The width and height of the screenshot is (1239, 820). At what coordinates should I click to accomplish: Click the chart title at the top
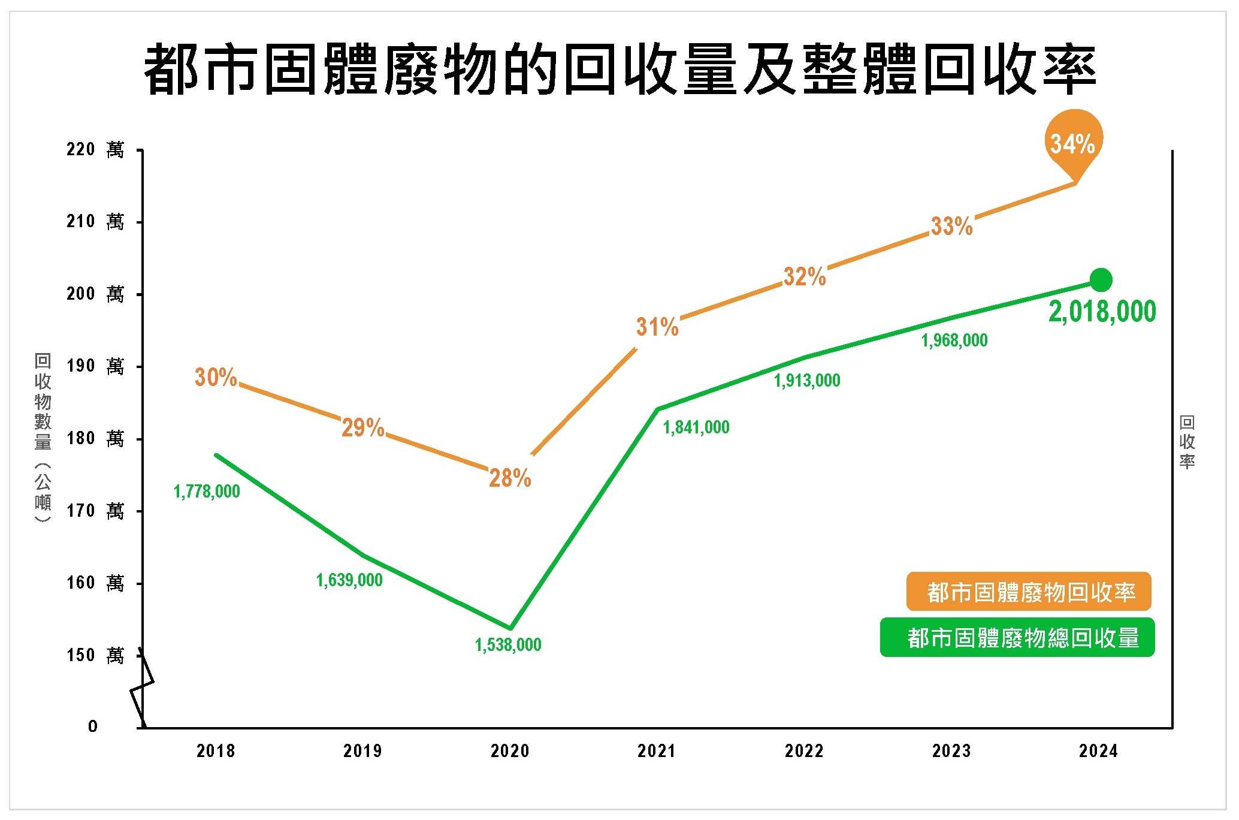(619, 69)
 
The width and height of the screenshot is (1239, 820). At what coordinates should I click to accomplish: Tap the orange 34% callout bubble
(1072, 143)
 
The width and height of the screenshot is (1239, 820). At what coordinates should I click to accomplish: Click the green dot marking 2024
(1101, 279)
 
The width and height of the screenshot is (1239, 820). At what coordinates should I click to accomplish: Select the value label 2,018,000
(1102, 312)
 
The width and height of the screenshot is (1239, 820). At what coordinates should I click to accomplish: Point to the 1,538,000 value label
(508, 645)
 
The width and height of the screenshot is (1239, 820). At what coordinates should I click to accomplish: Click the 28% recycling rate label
(510, 478)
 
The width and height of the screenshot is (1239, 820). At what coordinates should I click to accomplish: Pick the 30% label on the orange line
(216, 377)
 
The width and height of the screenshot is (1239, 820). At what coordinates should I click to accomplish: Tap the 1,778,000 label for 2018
(207, 492)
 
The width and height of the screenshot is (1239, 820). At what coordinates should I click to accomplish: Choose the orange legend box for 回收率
(1028, 592)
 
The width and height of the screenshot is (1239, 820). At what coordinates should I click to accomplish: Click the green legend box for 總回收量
(1017, 637)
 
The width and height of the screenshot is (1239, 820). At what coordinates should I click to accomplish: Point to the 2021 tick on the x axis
(657, 750)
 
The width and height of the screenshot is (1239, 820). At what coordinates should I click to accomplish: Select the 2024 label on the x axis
(1098, 750)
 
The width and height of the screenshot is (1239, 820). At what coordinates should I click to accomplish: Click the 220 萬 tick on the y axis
(95, 149)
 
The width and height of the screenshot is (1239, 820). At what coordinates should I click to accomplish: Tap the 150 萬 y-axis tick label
(95, 655)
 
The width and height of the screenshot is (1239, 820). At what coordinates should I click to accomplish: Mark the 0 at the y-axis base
(93, 726)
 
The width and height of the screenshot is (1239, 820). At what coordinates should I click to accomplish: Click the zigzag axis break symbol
(142, 686)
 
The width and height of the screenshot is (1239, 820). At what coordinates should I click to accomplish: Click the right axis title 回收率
(1187, 442)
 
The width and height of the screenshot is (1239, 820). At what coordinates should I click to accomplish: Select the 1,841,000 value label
(696, 427)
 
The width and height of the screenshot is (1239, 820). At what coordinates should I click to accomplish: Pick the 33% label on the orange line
(951, 226)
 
